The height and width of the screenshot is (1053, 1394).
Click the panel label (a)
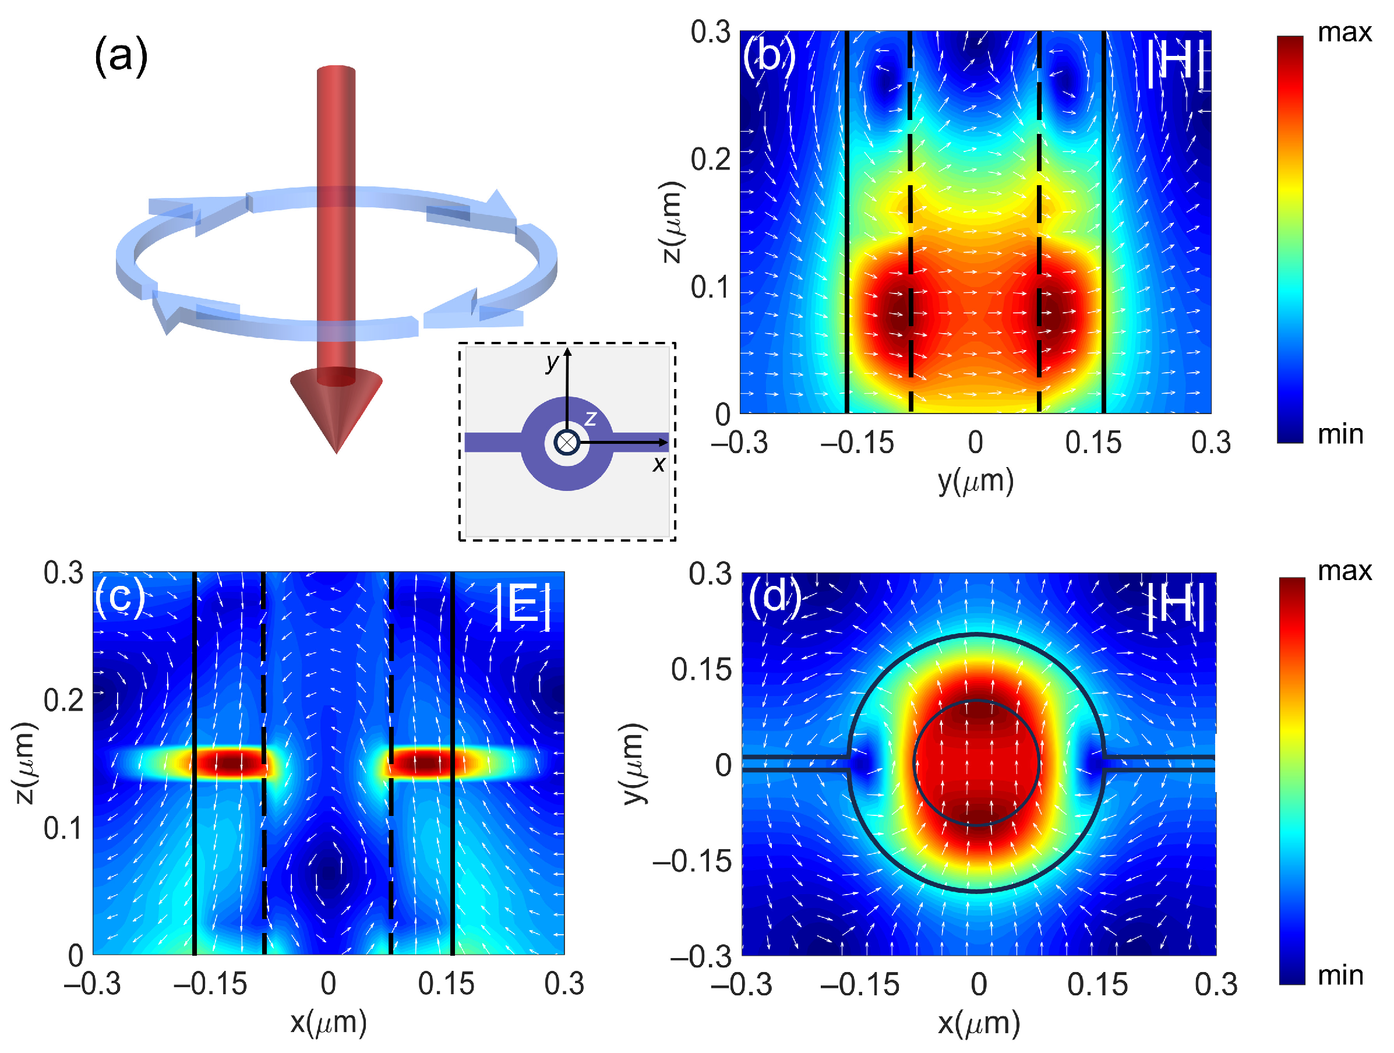pyautogui.click(x=121, y=55)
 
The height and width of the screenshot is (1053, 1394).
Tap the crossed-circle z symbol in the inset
pyautogui.click(x=567, y=443)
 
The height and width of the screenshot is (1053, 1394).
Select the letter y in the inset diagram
pyautogui.click(x=552, y=362)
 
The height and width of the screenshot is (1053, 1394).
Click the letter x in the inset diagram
pyautogui.click(x=659, y=464)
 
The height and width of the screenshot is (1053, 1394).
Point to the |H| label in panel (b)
pyautogui.click(x=1176, y=63)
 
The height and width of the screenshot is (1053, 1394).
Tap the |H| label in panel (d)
pyautogui.click(x=1176, y=606)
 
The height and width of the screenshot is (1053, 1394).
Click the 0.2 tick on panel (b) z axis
pyautogui.click(x=710, y=160)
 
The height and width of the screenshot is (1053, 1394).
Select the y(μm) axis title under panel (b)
pyautogui.click(x=975, y=482)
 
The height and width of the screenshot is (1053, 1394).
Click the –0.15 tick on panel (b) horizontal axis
pyautogui.click(x=856, y=443)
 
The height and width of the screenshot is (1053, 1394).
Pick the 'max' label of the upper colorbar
pyautogui.click(x=1344, y=32)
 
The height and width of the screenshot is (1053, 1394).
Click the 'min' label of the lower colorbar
pyautogui.click(x=1340, y=976)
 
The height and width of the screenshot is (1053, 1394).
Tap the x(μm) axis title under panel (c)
pyautogui.click(x=329, y=1022)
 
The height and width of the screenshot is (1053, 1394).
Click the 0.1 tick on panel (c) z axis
pyautogui.click(x=62, y=828)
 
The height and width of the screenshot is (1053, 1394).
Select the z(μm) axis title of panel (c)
pyautogui.click(x=25, y=764)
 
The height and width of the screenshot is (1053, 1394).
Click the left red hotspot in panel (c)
pyautogui.click(x=230, y=763)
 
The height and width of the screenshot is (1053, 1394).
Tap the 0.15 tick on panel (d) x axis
pyautogui.click(x=1097, y=985)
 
